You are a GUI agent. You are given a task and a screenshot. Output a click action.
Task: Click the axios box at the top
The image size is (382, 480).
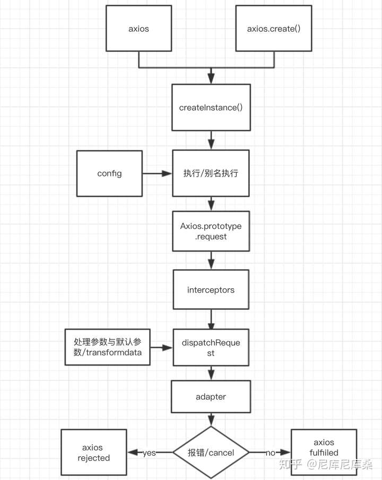point(138,29)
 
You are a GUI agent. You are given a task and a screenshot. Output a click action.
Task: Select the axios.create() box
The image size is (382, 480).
point(274,29)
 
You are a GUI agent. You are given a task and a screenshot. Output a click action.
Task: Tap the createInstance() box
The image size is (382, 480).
point(211,108)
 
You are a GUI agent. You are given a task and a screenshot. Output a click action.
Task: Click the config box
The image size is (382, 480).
point(109,173)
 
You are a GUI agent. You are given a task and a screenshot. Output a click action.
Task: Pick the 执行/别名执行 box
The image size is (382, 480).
point(211,173)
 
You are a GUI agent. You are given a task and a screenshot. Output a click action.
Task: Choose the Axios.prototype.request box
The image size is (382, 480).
point(211,232)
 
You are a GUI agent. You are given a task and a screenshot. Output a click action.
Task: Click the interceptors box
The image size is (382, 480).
point(211,290)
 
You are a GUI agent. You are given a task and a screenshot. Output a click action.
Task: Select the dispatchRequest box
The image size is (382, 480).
point(211,348)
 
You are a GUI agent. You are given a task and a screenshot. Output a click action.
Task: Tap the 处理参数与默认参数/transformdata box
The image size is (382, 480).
point(107,348)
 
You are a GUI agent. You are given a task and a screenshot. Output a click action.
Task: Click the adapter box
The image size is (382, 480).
point(211,396)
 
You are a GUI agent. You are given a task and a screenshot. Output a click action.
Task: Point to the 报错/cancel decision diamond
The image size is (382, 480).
point(211,452)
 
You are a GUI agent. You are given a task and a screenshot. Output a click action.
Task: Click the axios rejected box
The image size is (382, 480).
point(94,452)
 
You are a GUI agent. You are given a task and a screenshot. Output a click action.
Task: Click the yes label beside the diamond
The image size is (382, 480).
point(149,452)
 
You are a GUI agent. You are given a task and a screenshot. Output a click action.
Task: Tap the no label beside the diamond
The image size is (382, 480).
point(270,452)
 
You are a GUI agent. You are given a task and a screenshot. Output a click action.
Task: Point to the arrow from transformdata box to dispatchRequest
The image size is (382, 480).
point(161,348)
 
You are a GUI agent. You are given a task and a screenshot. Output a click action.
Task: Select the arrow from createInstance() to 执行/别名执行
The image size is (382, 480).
point(211,140)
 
